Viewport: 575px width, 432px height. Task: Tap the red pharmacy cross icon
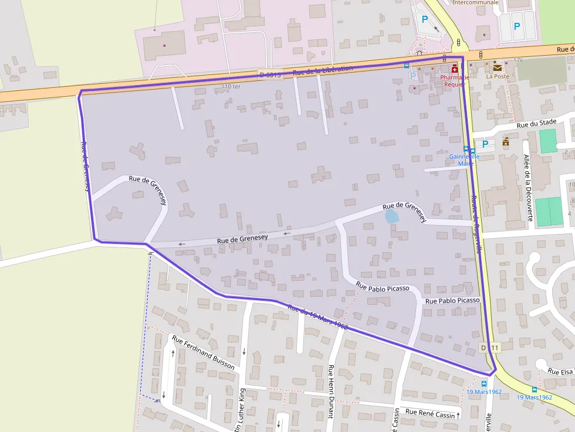[455, 69]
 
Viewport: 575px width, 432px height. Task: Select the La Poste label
[498, 76]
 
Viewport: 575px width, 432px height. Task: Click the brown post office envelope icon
[498, 67]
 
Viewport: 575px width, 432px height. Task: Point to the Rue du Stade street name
[536, 123]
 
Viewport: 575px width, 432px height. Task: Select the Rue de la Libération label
[323, 71]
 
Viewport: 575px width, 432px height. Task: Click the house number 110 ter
[231, 86]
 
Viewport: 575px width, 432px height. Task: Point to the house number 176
[517, 60]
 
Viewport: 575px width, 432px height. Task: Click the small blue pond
[391, 217]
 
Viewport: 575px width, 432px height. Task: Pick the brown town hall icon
[506, 142]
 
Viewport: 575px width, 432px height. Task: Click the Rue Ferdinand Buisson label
[203, 352]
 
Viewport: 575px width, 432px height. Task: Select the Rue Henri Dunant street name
[331, 391]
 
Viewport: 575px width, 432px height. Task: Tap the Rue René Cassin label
[430, 413]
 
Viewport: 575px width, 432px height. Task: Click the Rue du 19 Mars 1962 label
[317, 318]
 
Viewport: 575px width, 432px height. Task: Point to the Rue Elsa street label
[560, 371]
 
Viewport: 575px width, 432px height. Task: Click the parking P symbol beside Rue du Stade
[485, 144]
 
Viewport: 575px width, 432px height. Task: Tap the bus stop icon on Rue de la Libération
[407, 66]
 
